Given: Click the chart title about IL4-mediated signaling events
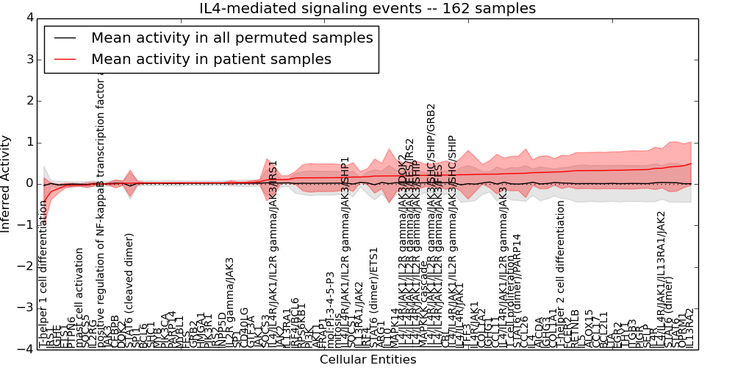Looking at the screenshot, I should (367, 9).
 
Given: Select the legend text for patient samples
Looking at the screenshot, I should (211, 59).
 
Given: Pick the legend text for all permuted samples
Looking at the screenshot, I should (232, 38).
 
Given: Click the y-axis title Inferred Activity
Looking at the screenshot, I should (7, 183).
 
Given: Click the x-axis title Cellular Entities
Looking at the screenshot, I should (367, 360).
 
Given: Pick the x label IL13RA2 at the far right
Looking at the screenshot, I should (689, 329).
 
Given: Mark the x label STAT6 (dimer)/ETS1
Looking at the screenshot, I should (374, 308).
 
